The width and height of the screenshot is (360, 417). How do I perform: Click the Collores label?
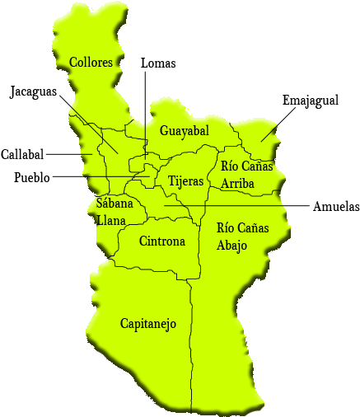click(x=91, y=63)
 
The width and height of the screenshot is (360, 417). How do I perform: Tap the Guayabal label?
click(x=184, y=131)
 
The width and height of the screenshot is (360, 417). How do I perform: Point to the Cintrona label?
click(x=161, y=241)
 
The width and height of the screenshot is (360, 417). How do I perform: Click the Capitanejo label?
click(x=148, y=324)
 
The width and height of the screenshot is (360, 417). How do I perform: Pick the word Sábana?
click(x=113, y=204)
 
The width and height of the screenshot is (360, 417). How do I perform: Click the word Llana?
click(x=110, y=220)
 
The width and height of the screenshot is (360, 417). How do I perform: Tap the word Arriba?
click(x=237, y=183)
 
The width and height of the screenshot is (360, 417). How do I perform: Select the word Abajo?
click(x=232, y=246)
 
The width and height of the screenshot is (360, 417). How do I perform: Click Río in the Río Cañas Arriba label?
click(x=230, y=166)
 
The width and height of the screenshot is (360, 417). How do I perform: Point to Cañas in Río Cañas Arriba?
click(x=258, y=166)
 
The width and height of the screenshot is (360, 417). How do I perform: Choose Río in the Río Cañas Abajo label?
click(x=227, y=228)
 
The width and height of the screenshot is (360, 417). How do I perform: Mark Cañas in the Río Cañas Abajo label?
click(x=255, y=228)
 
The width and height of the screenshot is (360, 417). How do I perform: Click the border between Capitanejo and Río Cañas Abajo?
click(x=192, y=346)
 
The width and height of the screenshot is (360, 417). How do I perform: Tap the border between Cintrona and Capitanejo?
click(x=148, y=270)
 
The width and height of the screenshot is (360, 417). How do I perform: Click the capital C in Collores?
click(x=74, y=63)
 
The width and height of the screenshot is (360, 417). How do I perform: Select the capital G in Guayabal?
click(x=165, y=131)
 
